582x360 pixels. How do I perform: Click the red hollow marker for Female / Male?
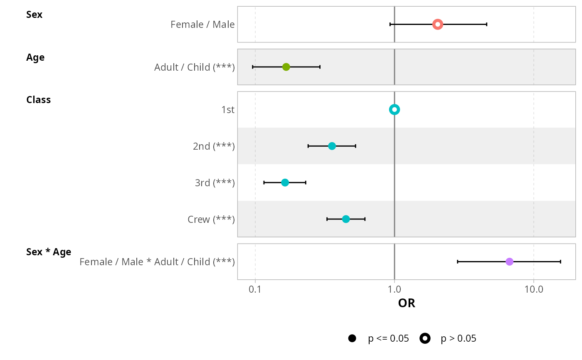pos(437,25)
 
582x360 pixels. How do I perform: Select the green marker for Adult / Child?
pos(286,67)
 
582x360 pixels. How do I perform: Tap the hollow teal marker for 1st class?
pos(395,110)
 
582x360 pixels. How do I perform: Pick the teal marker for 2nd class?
pos(332,146)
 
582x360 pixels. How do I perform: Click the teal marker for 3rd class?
pos(285,182)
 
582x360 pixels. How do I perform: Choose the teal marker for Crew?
pos(346,219)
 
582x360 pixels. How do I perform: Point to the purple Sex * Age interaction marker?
pos(509,261)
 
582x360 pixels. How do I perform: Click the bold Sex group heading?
pos(34,15)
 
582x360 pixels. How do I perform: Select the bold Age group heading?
pos(35,57)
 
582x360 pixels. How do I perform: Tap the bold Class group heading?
pos(38,100)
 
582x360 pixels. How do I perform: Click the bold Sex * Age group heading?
pos(49,252)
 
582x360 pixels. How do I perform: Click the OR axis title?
pos(407,303)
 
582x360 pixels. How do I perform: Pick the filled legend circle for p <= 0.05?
pos(352,338)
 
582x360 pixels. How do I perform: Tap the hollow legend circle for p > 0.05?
pos(425,338)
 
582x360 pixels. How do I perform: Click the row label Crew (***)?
pos(211,219)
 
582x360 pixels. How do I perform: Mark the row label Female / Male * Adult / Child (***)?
pos(157,262)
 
